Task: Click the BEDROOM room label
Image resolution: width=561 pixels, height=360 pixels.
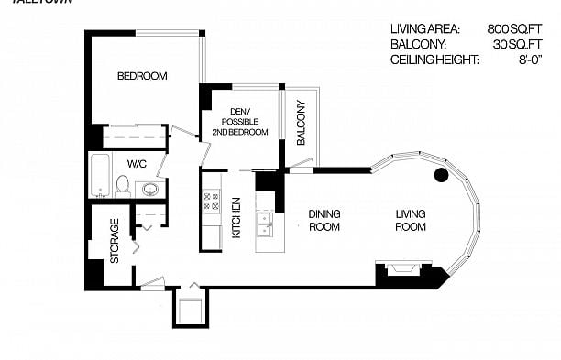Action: pyautogui.click(x=142, y=76)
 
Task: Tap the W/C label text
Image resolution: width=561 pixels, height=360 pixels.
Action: pyautogui.click(x=137, y=164)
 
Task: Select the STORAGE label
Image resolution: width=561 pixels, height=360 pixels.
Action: pyautogui.click(x=115, y=241)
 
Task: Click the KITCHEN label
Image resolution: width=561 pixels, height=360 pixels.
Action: pyautogui.click(x=236, y=218)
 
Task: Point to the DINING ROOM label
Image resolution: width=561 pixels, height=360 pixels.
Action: pyautogui.click(x=324, y=220)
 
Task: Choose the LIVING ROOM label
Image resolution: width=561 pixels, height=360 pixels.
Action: pyautogui.click(x=410, y=220)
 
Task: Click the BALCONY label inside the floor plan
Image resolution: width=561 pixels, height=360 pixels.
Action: pyautogui.click(x=301, y=123)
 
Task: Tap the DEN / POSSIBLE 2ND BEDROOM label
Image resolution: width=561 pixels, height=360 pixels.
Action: pyautogui.click(x=240, y=121)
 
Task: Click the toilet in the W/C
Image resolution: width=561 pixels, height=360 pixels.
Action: pyautogui.click(x=121, y=187)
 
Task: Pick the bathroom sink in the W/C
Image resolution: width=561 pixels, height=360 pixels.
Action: pyautogui.click(x=149, y=189)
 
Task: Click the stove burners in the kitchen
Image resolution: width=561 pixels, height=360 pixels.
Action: pyautogui.click(x=211, y=201)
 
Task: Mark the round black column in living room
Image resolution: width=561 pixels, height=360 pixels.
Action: pyautogui.click(x=440, y=174)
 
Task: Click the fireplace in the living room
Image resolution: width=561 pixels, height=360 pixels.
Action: pyautogui.click(x=401, y=269)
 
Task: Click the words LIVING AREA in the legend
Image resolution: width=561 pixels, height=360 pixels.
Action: pyautogui.click(x=424, y=28)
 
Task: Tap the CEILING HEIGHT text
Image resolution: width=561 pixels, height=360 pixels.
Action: pyautogui.click(x=434, y=60)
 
